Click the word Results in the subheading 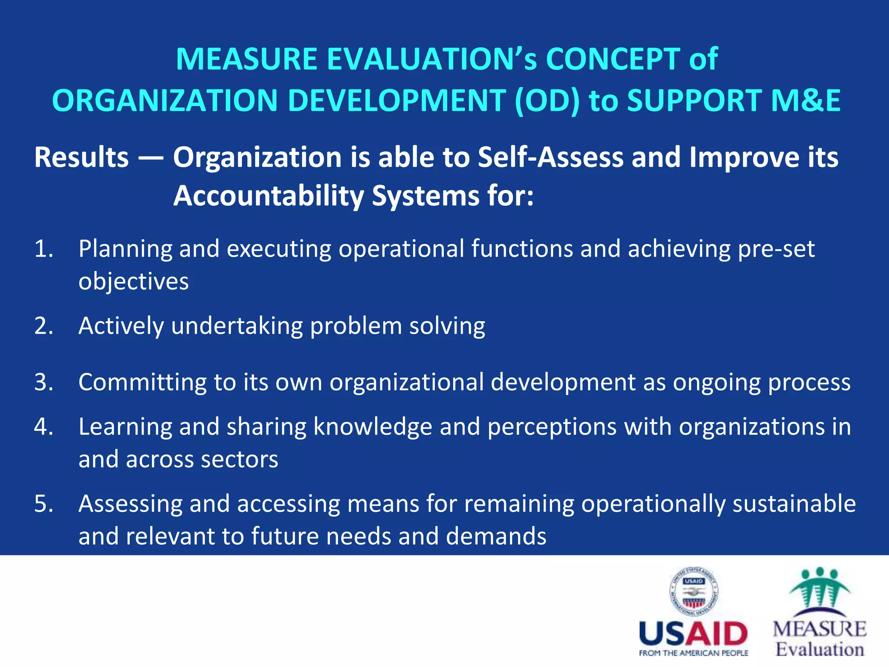(x=82, y=157)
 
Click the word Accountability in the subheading (x=268, y=196)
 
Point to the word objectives (x=134, y=282)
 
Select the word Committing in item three (x=142, y=383)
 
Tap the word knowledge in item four (x=372, y=427)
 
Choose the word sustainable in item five (x=794, y=504)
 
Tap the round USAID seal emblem (x=694, y=591)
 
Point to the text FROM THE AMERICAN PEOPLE (x=694, y=653)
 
